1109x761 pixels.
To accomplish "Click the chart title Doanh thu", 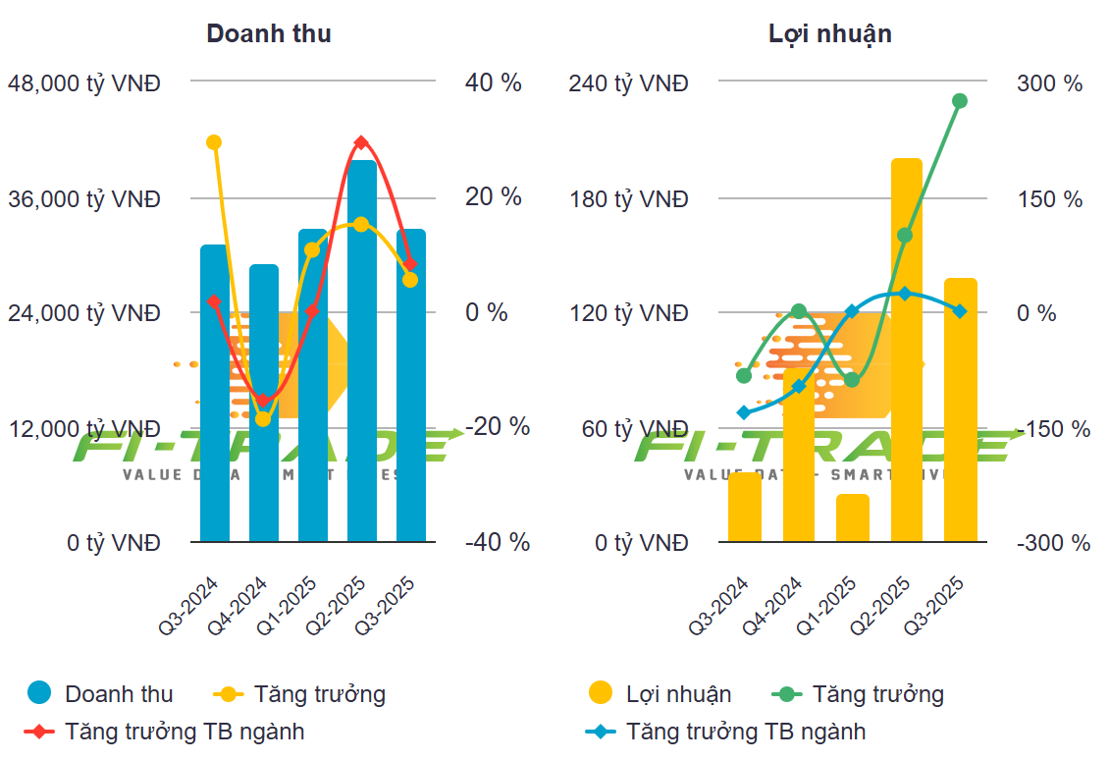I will (268, 33).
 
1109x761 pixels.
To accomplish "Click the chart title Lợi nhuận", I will (830, 33).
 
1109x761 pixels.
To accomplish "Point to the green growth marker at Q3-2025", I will (960, 101).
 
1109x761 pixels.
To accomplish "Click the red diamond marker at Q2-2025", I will (362, 143).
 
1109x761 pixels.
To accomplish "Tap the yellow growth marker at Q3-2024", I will (214, 142).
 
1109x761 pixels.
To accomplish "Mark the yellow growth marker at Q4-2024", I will (263, 419).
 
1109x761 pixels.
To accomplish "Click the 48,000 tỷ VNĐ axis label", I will (83, 83).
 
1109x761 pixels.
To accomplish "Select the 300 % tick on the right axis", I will (1050, 83).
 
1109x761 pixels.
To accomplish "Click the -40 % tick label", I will (497, 542).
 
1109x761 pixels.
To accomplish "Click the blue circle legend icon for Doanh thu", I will (39, 693).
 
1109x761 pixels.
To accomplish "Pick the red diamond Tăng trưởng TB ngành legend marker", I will (39, 732).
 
